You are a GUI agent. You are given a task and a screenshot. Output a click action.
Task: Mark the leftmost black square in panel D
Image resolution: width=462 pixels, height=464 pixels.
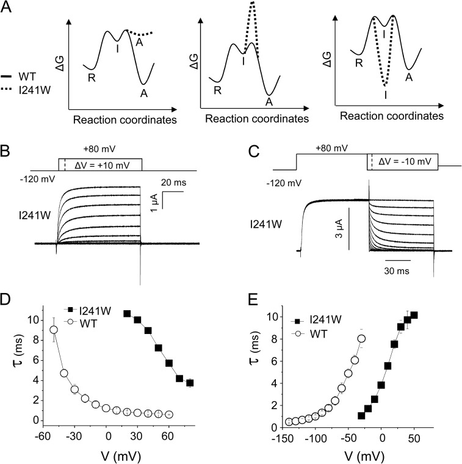127,314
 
